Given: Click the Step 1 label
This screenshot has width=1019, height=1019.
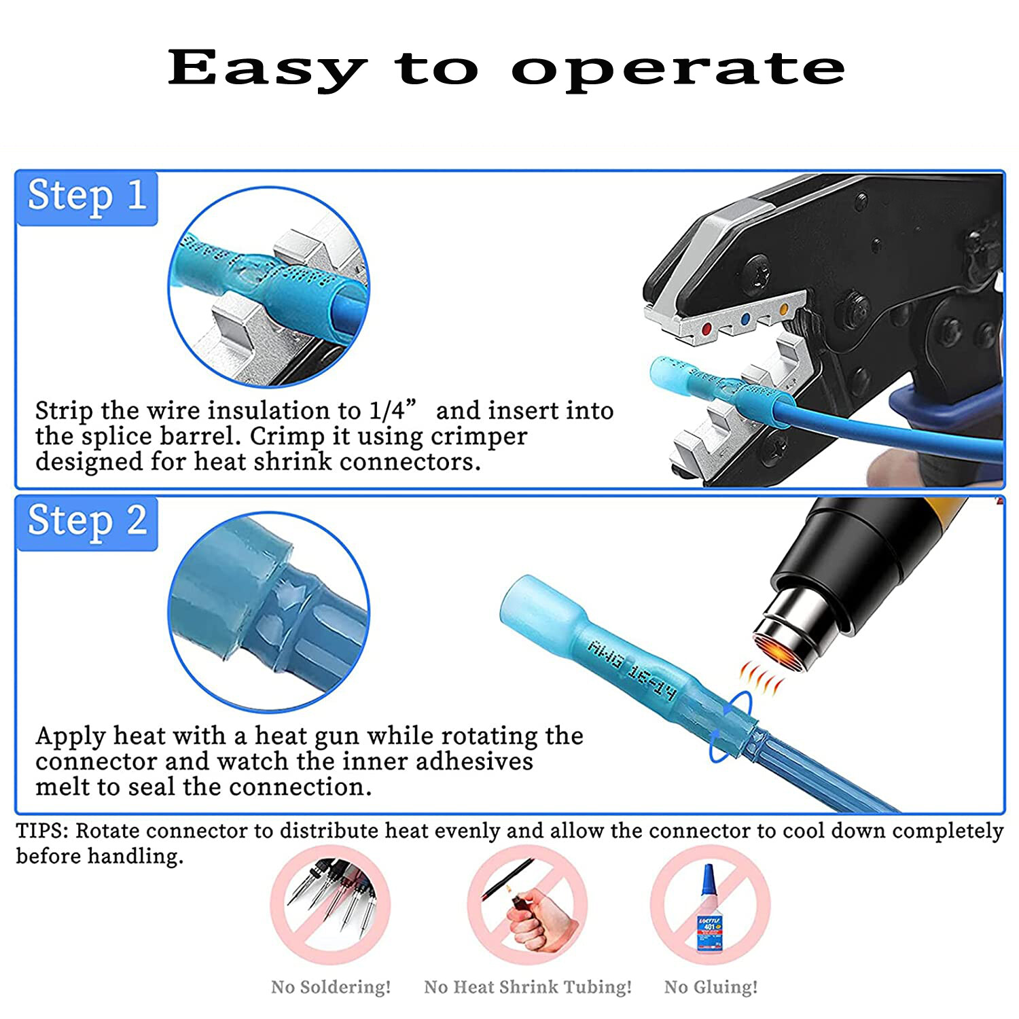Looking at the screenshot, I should pos(87,197).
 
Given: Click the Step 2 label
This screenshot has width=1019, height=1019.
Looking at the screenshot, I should pos(87,522).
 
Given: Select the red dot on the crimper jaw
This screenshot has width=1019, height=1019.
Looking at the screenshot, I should pos(707,329).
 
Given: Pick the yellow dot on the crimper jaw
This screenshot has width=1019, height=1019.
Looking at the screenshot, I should pos(784,310).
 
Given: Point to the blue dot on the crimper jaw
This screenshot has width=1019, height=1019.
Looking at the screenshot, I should pos(746,319).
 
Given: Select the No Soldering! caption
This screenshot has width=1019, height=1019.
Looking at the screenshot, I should pos(331,987).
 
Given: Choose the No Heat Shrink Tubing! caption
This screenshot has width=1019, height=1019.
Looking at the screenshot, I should pos(527,987).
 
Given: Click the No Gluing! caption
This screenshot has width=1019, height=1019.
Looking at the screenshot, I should pos(711,987).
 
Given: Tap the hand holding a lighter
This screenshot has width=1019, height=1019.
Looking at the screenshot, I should pos(537,924).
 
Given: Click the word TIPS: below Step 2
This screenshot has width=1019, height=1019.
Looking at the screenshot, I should pos(42,832).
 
